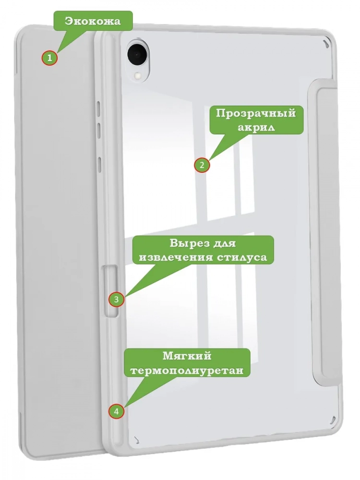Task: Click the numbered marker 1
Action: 49,58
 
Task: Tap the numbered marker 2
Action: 202,165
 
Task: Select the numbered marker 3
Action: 116,299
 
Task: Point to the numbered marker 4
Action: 116,411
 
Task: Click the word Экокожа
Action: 93,21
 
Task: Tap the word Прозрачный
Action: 256,114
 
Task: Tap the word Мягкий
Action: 187,356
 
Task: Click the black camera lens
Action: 136,54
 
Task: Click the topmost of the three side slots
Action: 98,109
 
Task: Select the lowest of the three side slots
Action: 99,164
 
